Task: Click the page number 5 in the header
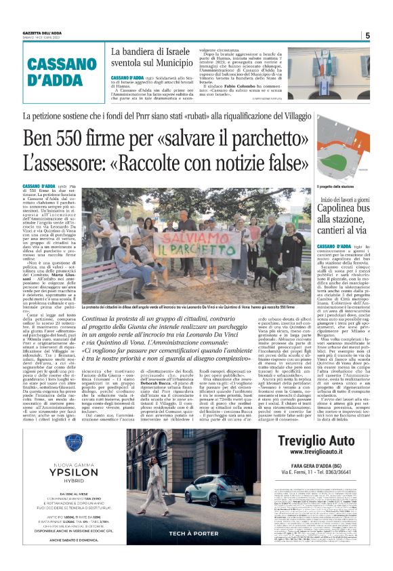click(x=367, y=36)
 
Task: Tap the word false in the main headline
click(x=270, y=163)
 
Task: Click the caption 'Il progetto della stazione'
click(x=335, y=186)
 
